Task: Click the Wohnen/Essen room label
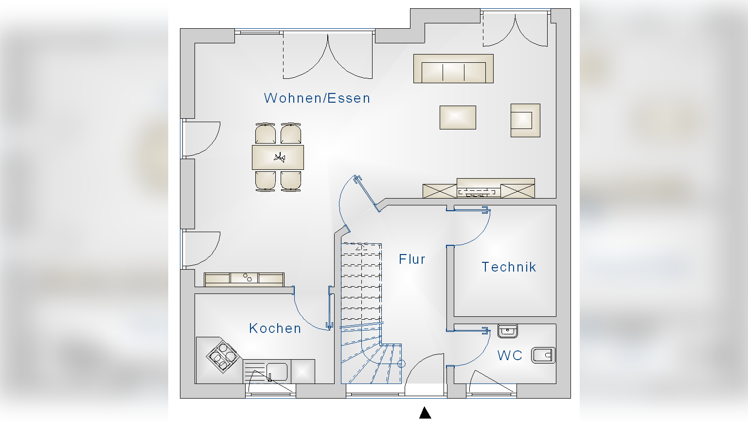pos(317,98)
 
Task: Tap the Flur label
pos(412,259)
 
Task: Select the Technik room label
pos(509,267)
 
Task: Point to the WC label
pos(510,356)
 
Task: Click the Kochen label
pos(275,329)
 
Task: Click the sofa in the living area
pos(453,69)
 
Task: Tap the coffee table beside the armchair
pos(458,117)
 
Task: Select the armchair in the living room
pos(525,120)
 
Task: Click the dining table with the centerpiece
pos(278,157)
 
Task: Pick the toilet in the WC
pos(543,355)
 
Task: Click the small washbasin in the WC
pos(507,331)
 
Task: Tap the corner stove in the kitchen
pos(222,356)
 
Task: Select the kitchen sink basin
pos(276,372)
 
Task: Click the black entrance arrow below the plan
pos(425,413)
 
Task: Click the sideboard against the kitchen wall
pos(244,279)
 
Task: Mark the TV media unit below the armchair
pos(479,189)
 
